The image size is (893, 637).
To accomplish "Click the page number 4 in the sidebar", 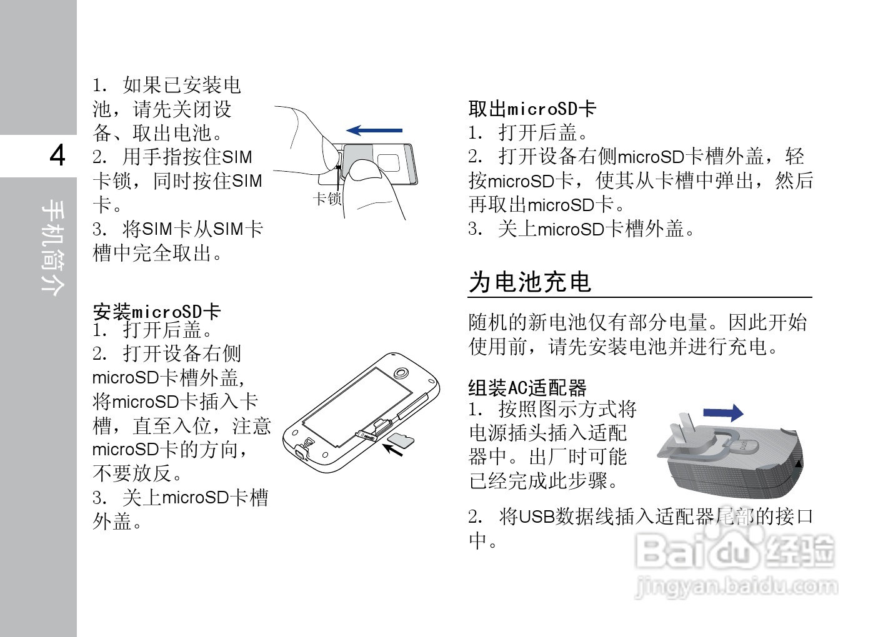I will pos(57,155).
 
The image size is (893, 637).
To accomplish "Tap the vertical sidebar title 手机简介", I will pos(52,247).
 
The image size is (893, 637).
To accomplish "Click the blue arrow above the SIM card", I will pos(375,131).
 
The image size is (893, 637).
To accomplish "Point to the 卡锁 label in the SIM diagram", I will pos(327,199).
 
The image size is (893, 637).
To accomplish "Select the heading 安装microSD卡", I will pos(157,311).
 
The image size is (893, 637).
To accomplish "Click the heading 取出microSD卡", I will pos(532,109).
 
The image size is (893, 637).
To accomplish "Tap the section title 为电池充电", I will pos(530,282).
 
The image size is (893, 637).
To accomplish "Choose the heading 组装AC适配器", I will pos(527,388).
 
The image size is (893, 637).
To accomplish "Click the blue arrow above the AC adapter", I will pos(723,413).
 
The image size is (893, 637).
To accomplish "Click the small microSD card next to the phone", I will pos(401,440).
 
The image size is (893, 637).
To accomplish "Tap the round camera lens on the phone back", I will pos(401,373).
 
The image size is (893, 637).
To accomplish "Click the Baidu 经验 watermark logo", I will pos(734,553).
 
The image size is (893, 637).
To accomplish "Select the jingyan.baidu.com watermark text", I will pos(736,586).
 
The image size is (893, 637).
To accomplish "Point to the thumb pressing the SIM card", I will pos(369,181).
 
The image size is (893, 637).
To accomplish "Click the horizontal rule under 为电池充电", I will pos(640,297).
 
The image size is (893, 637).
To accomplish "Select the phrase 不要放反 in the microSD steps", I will pos(132,473).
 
